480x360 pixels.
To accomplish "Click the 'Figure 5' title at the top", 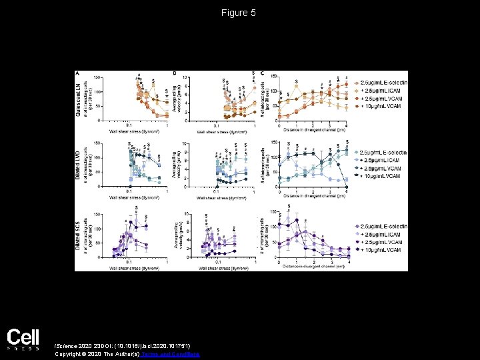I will [x=239, y=13].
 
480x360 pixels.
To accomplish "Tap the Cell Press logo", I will [x=23, y=340].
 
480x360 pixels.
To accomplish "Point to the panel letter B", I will [x=175, y=73].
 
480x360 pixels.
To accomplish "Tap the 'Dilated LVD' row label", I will [x=79, y=164].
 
